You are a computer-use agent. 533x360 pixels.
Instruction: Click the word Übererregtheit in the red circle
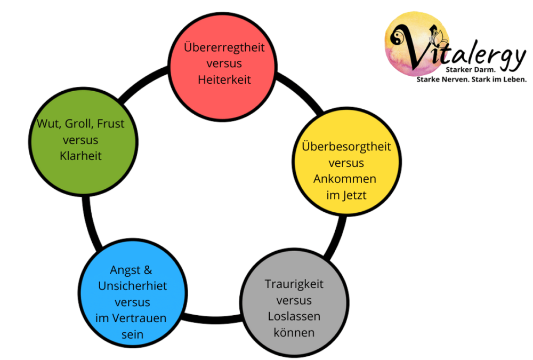click(x=224, y=47)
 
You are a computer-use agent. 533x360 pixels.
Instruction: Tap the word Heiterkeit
click(x=224, y=79)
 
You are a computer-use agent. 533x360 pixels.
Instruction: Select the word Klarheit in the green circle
click(x=80, y=156)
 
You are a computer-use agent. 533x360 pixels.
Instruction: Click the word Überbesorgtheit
click(x=346, y=146)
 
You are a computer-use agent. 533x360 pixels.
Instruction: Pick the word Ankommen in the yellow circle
click(x=345, y=179)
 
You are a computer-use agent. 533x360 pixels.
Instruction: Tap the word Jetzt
click(x=354, y=195)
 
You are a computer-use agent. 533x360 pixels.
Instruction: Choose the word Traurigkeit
click(x=294, y=284)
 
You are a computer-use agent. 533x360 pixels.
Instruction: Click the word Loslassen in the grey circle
click(x=294, y=316)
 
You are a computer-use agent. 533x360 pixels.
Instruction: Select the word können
click(x=294, y=332)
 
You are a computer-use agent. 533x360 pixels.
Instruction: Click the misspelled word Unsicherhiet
click(x=132, y=286)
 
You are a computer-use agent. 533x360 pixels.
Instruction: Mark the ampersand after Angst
click(x=148, y=270)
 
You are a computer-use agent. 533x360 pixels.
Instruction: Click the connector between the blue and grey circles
click(x=213, y=319)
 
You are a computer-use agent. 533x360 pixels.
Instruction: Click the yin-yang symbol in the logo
click(x=397, y=36)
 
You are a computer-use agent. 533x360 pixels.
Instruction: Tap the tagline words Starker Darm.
click(x=471, y=70)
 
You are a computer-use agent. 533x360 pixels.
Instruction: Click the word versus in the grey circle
click(x=294, y=300)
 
